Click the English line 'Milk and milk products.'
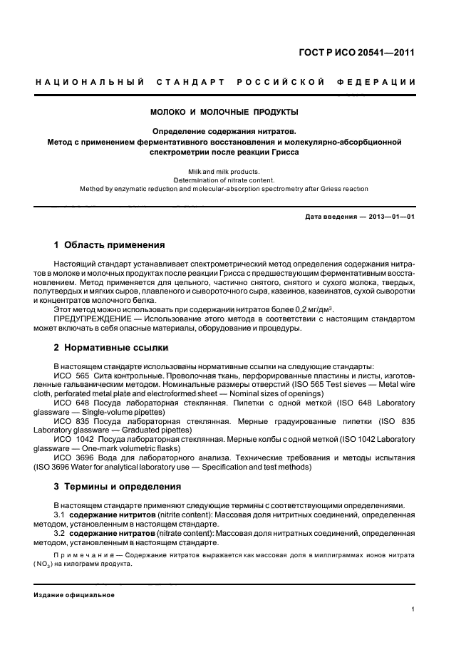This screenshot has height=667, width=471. tap(224, 172)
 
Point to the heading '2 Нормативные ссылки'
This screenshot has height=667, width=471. tap(111, 348)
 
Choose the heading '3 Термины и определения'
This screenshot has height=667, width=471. tap(118, 486)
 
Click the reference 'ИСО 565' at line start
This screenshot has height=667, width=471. tap(71, 375)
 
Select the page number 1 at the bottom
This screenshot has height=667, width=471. tap(413, 609)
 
